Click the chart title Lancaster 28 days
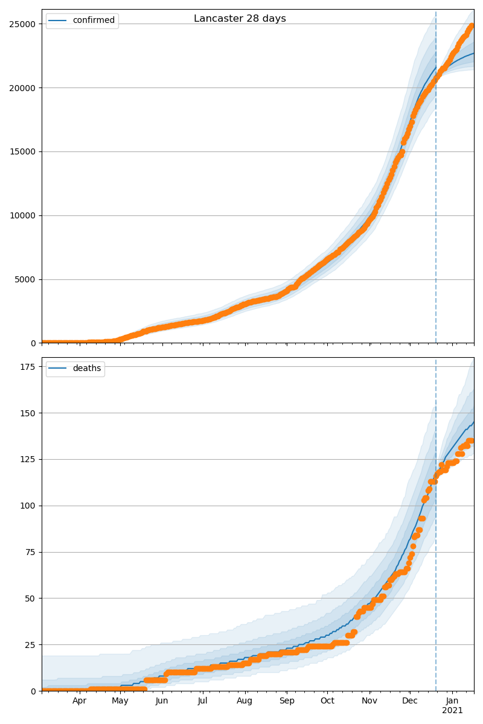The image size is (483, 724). (240, 19)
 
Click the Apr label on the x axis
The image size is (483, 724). (80, 701)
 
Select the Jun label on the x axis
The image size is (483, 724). (162, 701)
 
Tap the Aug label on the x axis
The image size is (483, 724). (245, 701)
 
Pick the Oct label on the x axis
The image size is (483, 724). (327, 701)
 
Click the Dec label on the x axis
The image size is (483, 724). (410, 701)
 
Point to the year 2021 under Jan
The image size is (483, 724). (452, 711)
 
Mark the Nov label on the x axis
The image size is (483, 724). (369, 701)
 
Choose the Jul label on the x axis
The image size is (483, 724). (203, 701)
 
